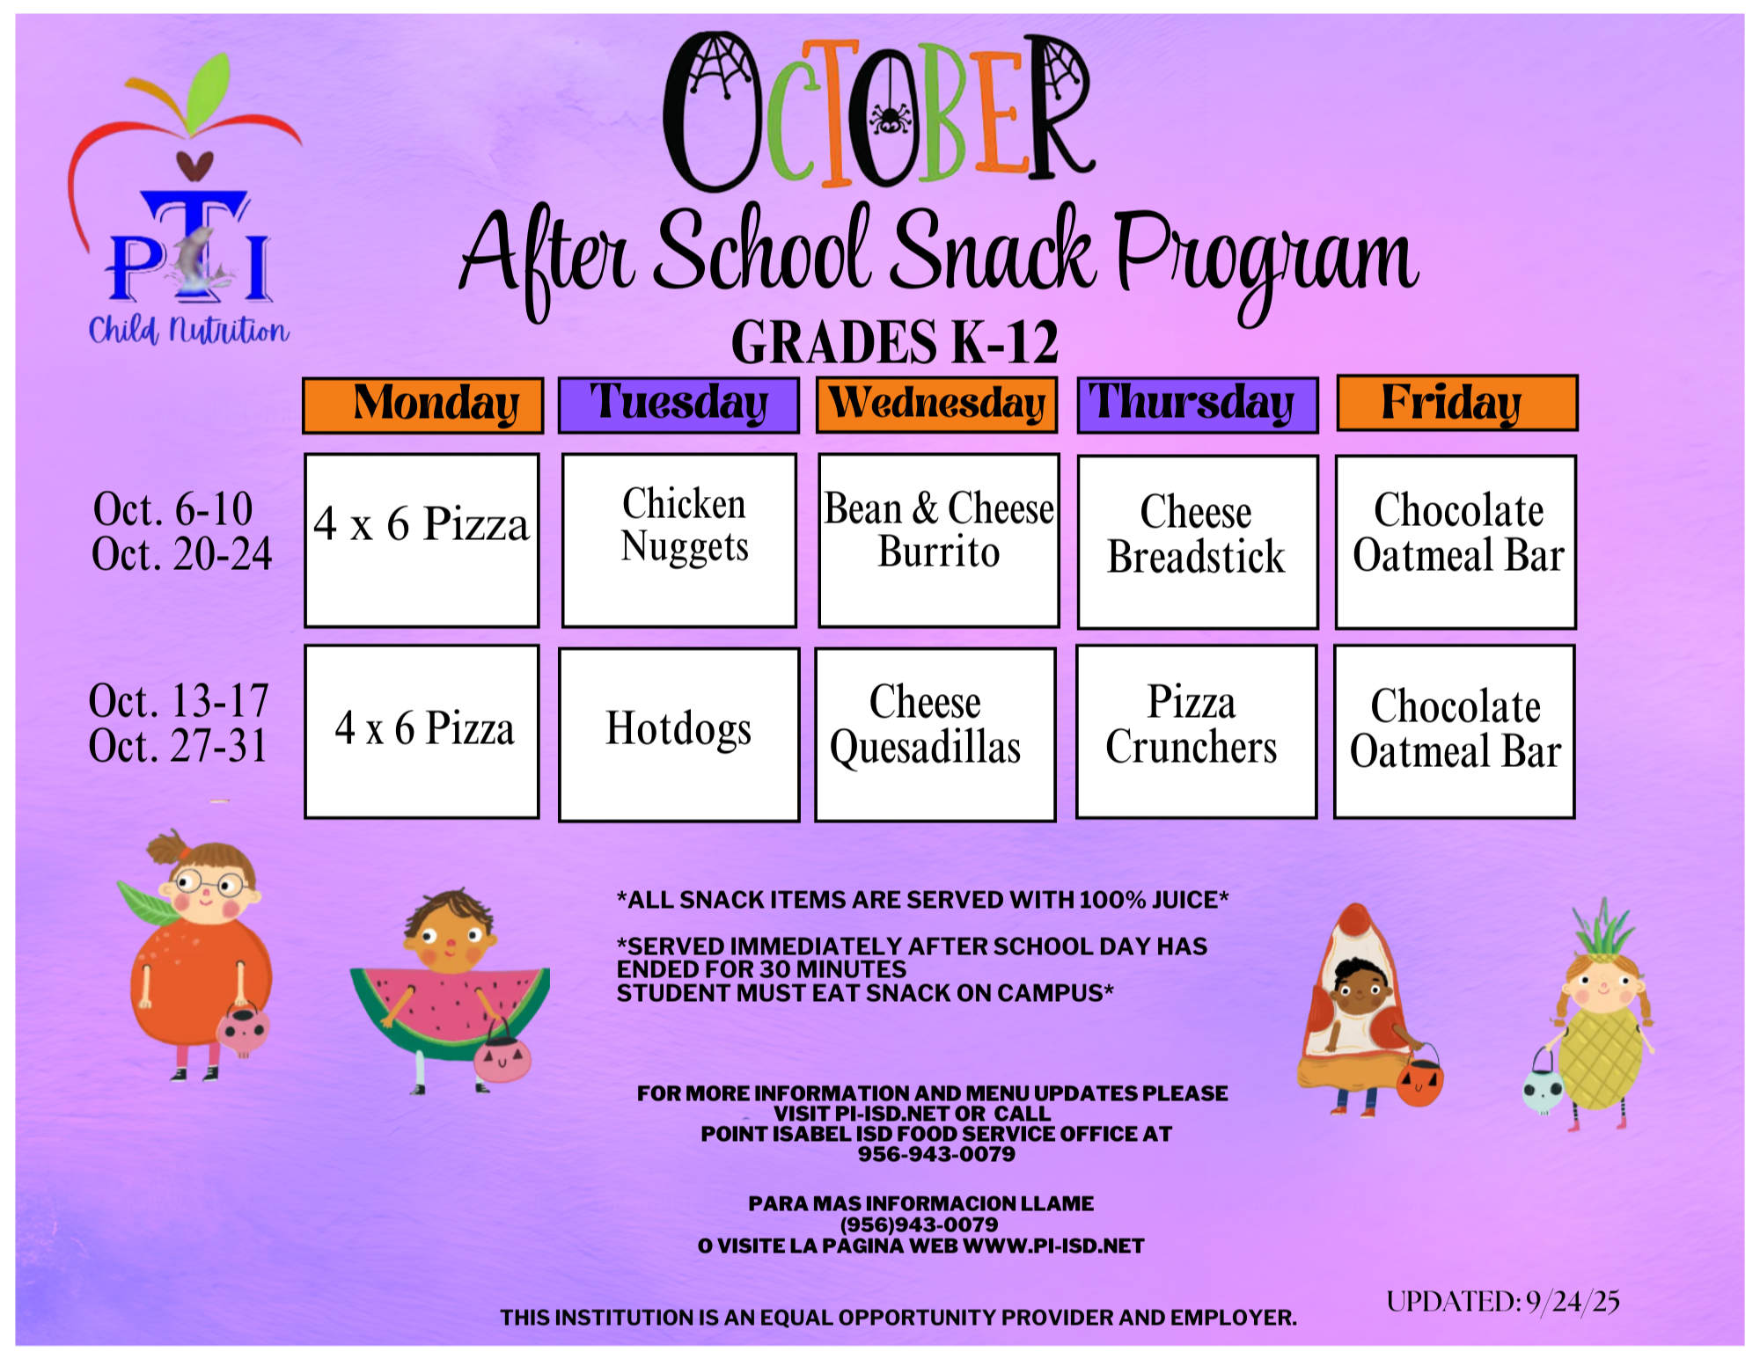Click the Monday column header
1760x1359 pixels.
423,406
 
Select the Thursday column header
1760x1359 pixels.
1198,405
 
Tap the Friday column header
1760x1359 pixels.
1456,404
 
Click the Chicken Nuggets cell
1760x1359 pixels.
679,540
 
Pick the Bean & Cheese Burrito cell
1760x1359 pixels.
939,540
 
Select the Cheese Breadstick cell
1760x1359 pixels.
1198,542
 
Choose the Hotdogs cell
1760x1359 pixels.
679,734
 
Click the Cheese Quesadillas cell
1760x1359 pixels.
935,734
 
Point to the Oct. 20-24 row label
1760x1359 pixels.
182,555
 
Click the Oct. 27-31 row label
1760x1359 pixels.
179,747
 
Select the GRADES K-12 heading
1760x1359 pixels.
895,342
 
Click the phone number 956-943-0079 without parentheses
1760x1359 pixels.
936,1154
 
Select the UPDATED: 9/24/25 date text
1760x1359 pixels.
1503,1302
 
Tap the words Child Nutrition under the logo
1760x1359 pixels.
188,331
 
